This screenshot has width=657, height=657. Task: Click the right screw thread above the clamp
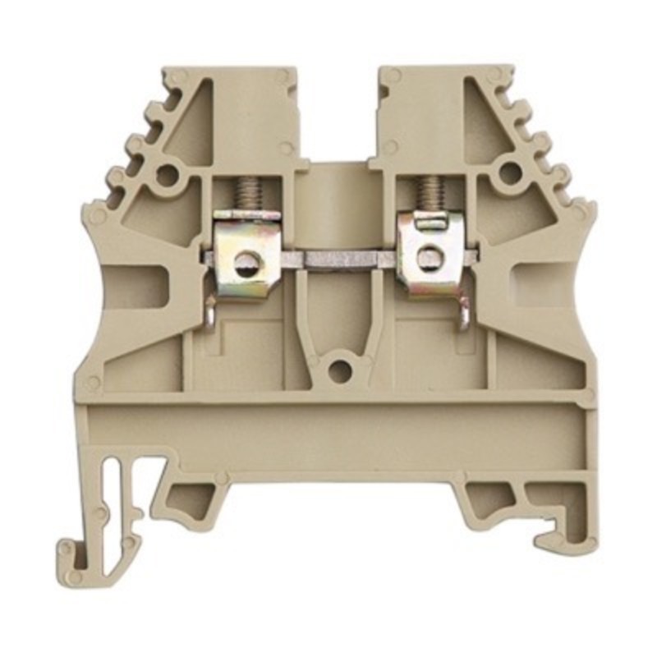(427, 195)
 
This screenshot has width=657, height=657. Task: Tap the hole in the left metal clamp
(246, 263)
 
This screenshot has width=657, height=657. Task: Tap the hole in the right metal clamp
(428, 258)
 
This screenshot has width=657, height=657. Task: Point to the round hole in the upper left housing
(168, 175)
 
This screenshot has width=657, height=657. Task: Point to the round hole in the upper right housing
(510, 173)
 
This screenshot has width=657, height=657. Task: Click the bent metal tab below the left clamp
(210, 312)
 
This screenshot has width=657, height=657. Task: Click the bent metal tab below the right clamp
(465, 312)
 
